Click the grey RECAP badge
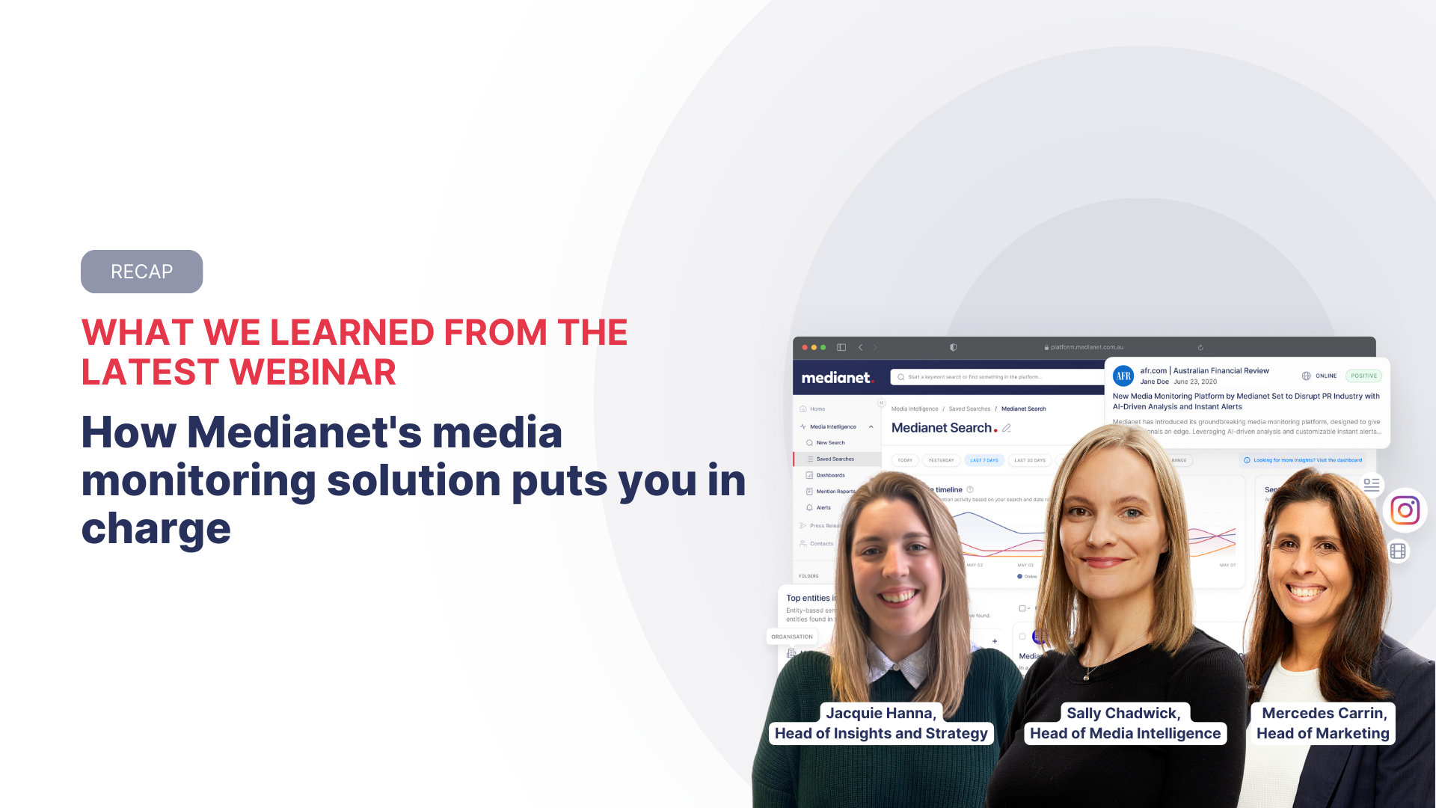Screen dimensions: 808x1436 point(141,272)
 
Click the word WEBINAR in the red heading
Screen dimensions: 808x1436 point(313,373)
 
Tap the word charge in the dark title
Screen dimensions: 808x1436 point(156,529)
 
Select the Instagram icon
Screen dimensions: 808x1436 point(1405,510)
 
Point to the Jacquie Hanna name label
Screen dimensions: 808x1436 point(880,713)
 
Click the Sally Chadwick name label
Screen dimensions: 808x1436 point(1123,713)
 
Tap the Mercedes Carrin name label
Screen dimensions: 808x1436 point(1324,713)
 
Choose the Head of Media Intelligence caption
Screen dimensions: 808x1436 point(1125,733)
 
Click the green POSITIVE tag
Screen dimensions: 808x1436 point(1363,376)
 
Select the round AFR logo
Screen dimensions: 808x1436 point(1123,376)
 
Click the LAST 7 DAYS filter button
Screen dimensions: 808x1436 point(984,460)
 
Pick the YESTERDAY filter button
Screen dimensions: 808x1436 point(941,460)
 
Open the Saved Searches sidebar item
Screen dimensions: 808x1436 point(835,459)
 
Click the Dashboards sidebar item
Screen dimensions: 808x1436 point(830,475)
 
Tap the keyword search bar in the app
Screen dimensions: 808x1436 point(995,377)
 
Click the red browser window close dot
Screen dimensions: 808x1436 point(805,347)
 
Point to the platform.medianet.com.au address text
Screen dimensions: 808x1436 point(1087,347)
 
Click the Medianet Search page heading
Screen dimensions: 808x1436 point(942,428)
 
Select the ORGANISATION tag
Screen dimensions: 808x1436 point(792,637)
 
